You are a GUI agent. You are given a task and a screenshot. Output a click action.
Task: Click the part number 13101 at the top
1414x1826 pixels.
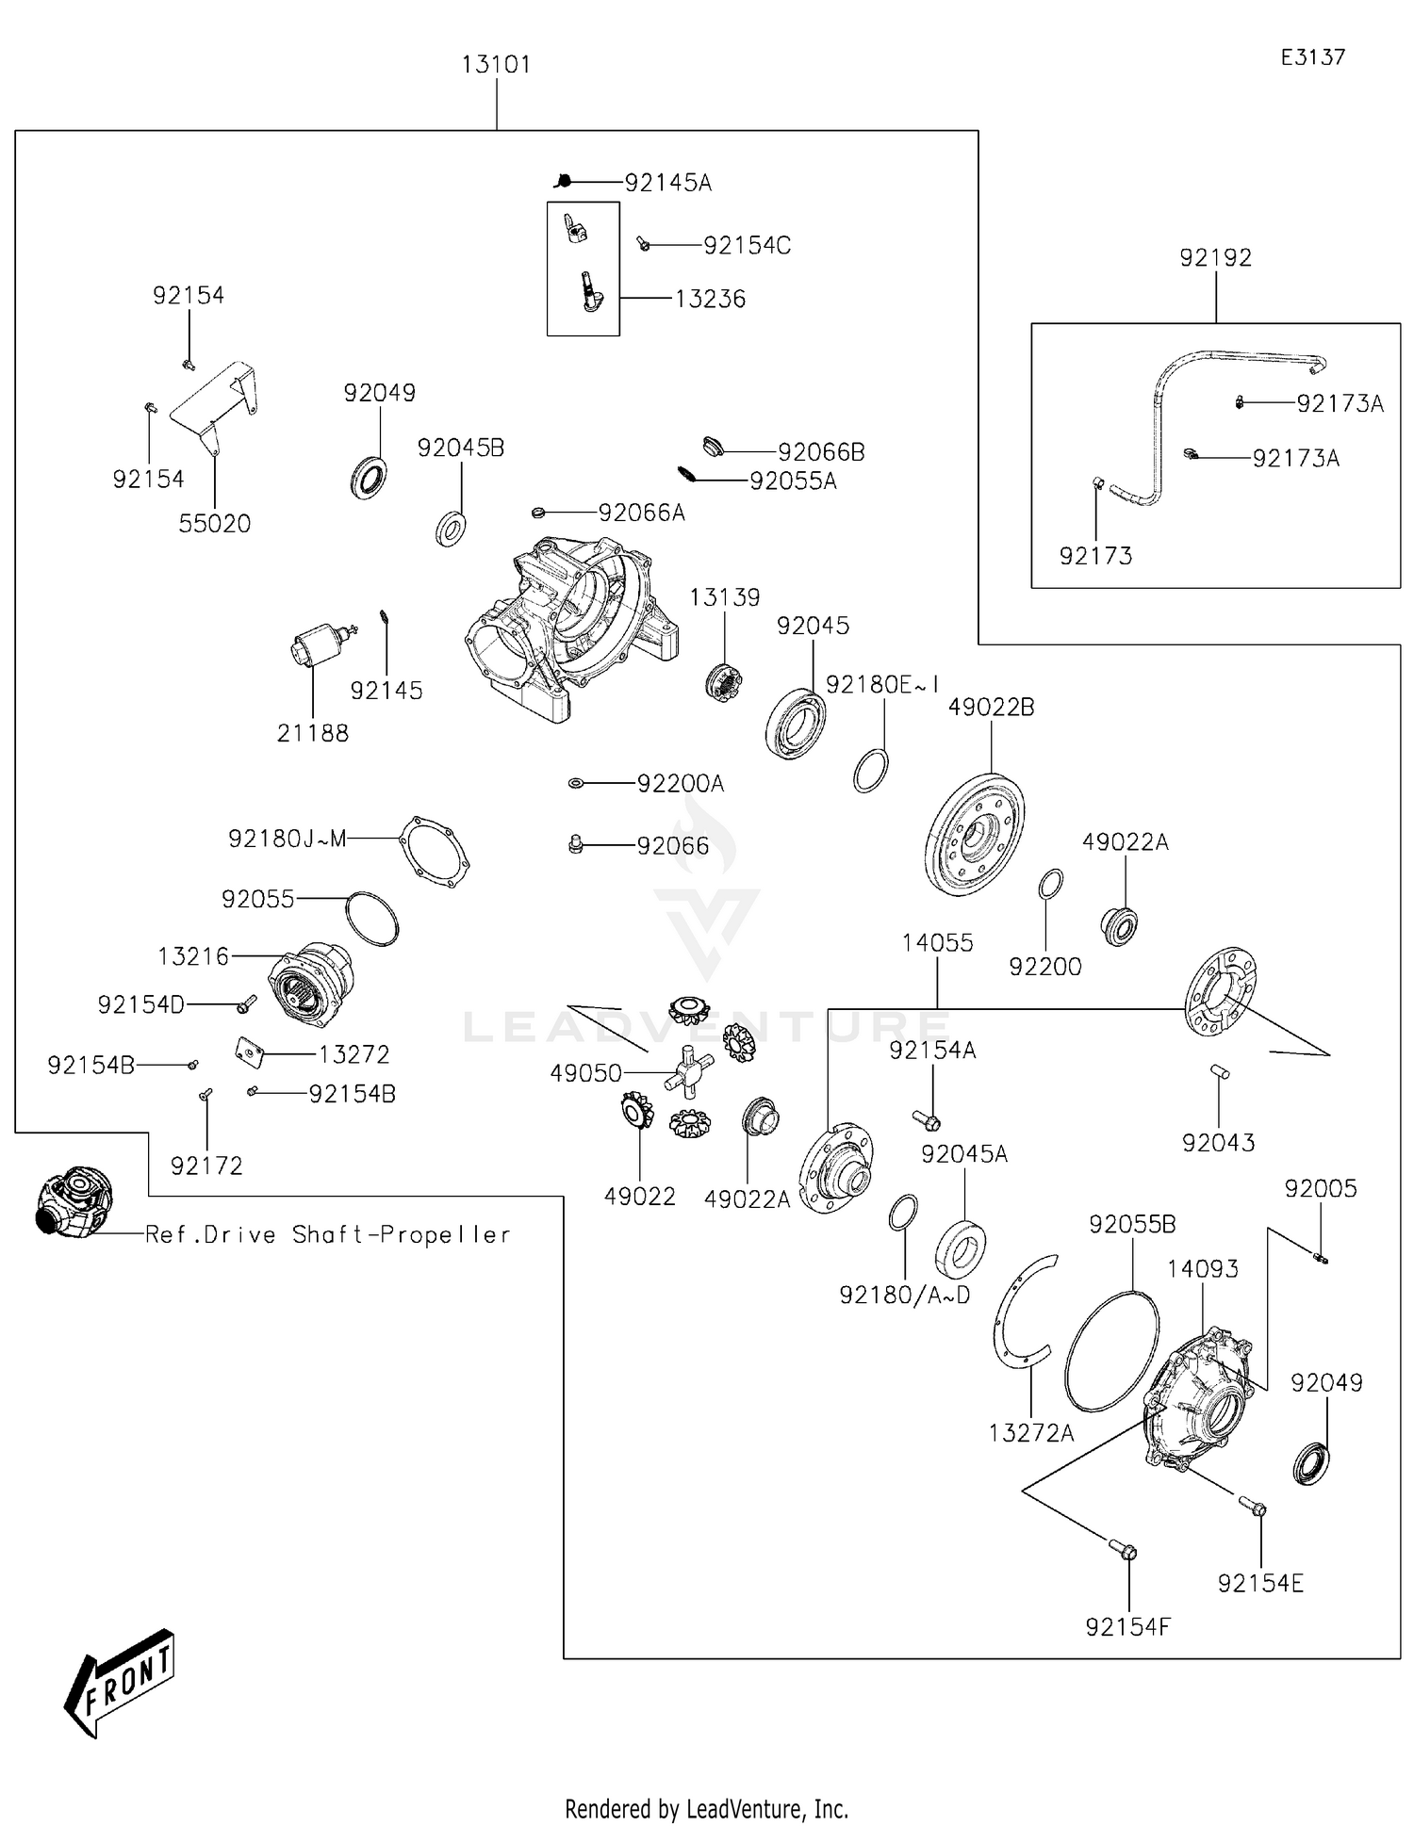pos(496,65)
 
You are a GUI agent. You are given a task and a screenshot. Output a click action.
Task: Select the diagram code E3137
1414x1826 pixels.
pos(1312,57)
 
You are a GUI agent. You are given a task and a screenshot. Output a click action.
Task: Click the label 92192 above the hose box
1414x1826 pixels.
pos(1215,258)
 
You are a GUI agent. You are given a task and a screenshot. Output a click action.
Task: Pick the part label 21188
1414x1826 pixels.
pos(312,733)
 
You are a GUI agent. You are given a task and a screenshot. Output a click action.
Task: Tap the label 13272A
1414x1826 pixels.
pos(1030,1433)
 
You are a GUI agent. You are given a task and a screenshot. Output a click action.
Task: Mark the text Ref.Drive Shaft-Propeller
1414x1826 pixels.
pos(327,1235)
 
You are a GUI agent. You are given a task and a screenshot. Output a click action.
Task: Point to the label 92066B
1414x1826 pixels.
pos(820,452)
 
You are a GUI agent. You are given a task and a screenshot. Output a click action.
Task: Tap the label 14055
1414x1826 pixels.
pos(937,943)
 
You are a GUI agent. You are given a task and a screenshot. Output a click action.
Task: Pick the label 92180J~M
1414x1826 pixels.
pos(288,839)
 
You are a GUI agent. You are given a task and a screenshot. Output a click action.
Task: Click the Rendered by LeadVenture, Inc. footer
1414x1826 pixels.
pos(706,1808)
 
